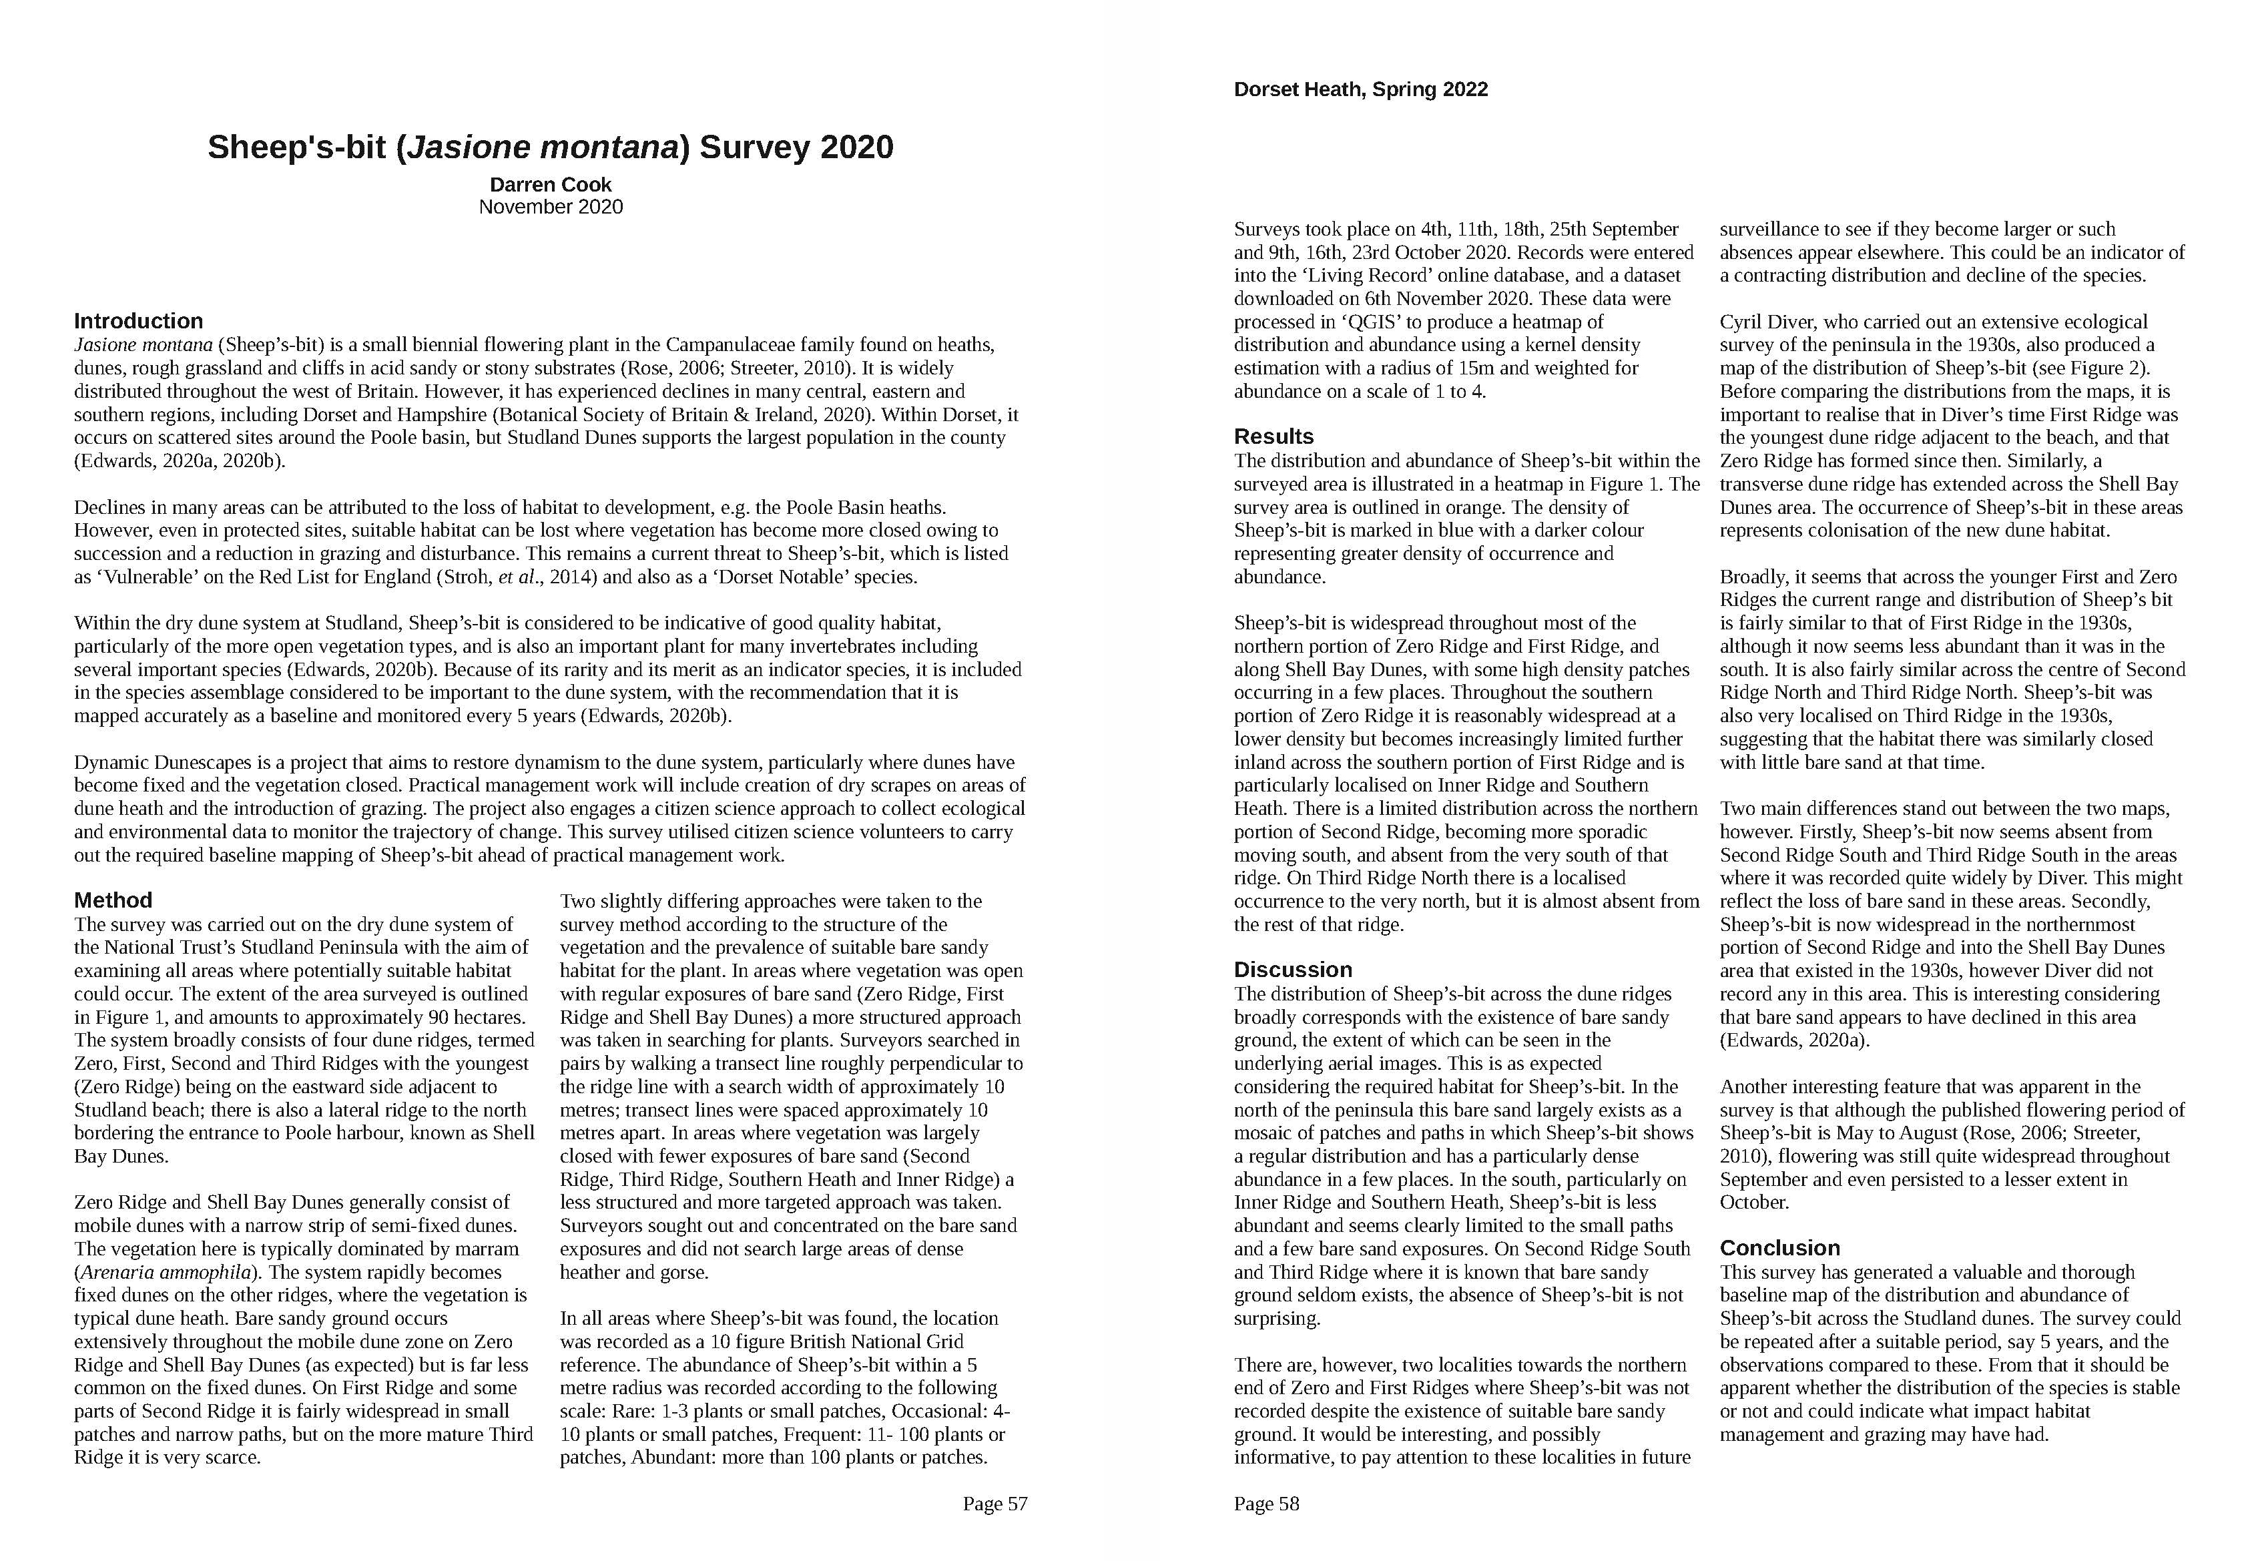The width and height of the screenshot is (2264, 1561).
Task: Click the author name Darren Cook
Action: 551,185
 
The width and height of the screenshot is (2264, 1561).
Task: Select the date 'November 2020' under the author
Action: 551,208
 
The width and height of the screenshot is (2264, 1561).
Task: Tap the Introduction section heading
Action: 138,321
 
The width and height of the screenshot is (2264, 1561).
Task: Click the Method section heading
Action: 113,900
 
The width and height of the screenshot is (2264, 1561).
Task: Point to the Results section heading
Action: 1273,436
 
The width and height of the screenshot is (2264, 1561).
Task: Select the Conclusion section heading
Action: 1779,1248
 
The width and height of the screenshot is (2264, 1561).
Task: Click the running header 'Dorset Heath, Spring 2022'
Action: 1360,90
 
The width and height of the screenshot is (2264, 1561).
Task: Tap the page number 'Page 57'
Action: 995,1504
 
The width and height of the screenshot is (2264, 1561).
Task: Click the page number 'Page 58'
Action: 1266,1504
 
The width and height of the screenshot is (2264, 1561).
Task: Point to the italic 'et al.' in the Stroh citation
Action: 517,577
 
